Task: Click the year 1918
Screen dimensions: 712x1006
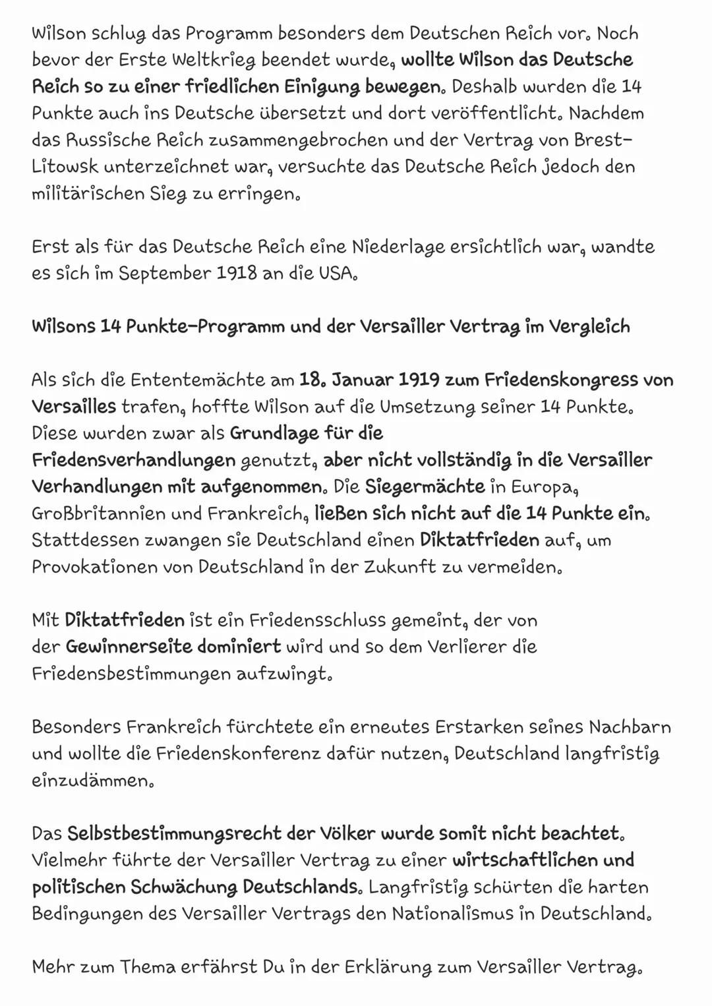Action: point(237,274)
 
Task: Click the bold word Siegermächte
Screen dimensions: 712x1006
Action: point(425,487)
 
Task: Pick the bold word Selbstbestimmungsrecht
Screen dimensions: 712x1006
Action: point(174,833)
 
